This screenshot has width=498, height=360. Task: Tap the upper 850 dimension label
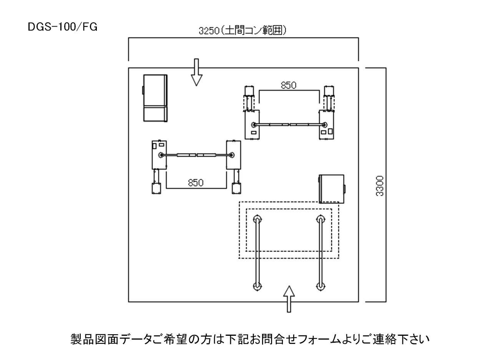point(289,85)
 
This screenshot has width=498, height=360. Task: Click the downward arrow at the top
point(196,72)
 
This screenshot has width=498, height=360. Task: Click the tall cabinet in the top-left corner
point(155,98)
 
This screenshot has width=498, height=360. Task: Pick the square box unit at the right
point(332,188)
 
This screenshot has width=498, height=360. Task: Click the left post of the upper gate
point(252,125)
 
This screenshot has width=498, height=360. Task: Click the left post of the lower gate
point(159,155)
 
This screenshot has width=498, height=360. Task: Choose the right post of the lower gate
point(233,155)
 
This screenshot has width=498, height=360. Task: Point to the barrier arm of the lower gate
point(196,155)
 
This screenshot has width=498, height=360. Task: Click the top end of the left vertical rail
point(257,220)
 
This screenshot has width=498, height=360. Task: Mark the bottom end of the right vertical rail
point(320,286)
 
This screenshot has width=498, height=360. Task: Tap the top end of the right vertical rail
point(320,220)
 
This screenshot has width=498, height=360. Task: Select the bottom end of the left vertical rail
point(257,286)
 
